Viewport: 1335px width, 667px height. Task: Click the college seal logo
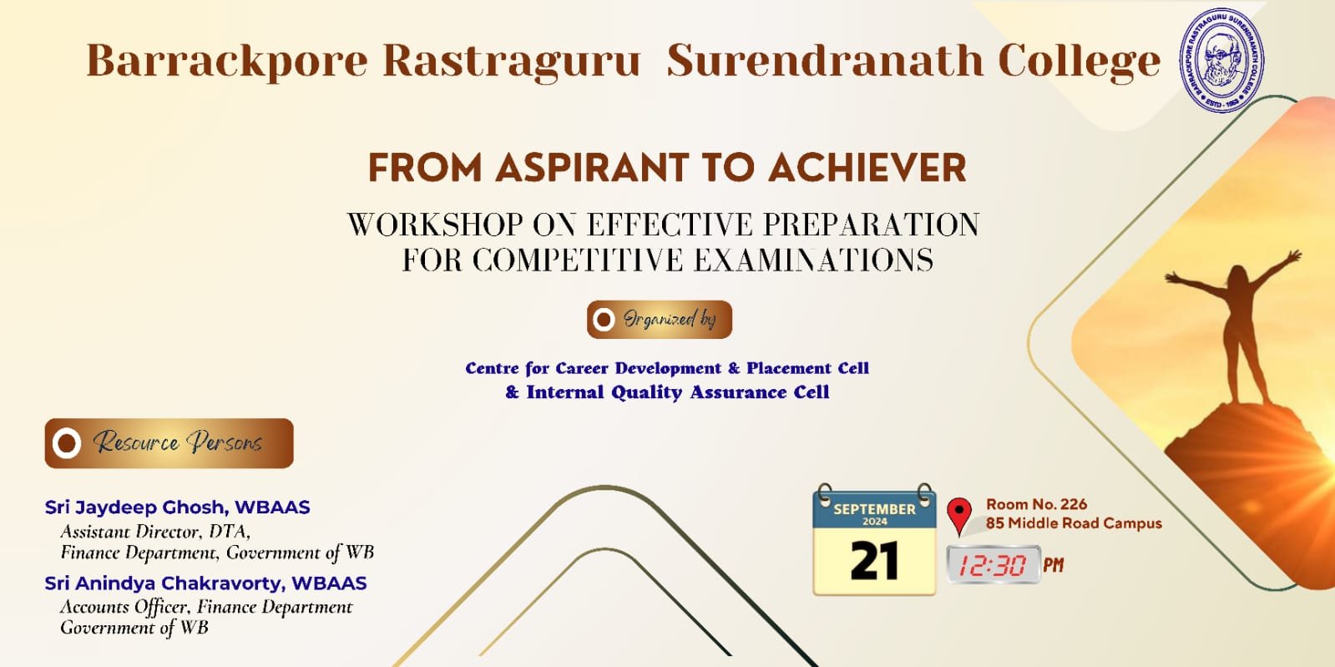pyautogui.click(x=1221, y=59)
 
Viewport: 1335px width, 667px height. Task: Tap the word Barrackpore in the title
pyautogui.click(x=227, y=62)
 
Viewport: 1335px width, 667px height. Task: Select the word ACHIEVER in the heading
pyautogui.click(x=867, y=168)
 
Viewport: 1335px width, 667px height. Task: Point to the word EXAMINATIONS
pyautogui.click(x=813, y=260)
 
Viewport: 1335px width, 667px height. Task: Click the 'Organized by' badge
pyautogui.click(x=660, y=320)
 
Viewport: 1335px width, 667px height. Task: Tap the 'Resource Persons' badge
pyautogui.click(x=169, y=443)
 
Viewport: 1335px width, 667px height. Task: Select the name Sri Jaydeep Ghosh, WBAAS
pyautogui.click(x=177, y=508)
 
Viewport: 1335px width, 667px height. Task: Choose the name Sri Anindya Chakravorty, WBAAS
pyautogui.click(x=205, y=583)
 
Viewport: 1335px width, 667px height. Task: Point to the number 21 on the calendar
pyautogui.click(x=874, y=561)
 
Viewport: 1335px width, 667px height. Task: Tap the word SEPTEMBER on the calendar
pyautogui.click(x=874, y=509)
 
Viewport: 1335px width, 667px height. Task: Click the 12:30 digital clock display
pyautogui.click(x=994, y=564)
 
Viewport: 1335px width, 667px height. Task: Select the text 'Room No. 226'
pyautogui.click(x=1036, y=504)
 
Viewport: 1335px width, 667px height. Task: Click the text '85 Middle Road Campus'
pyautogui.click(x=1074, y=523)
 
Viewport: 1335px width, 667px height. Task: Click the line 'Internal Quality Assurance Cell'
pyautogui.click(x=678, y=392)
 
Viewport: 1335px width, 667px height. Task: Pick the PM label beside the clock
pyautogui.click(x=1053, y=564)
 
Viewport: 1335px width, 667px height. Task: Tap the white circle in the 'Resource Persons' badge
pyautogui.click(x=67, y=443)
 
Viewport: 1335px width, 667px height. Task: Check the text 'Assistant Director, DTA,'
pyautogui.click(x=155, y=531)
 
